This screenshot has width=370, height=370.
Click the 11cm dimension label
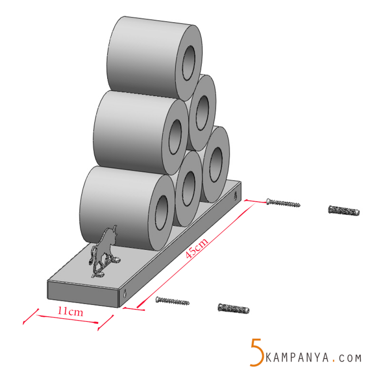coord(70,312)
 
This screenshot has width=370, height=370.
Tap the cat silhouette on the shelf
coord(105,252)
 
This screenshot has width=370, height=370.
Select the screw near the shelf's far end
coord(283,202)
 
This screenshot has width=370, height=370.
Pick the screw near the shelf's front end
coord(173,301)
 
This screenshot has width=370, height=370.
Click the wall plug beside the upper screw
coord(344,210)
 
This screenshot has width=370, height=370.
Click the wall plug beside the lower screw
coord(233,308)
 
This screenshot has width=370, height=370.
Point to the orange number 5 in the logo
coord(256,351)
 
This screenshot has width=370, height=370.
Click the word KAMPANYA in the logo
coord(298,358)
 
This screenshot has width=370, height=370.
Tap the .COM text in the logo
coord(349,358)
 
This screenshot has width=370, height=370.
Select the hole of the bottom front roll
coord(161,213)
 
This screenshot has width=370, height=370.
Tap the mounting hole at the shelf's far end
coord(238,195)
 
